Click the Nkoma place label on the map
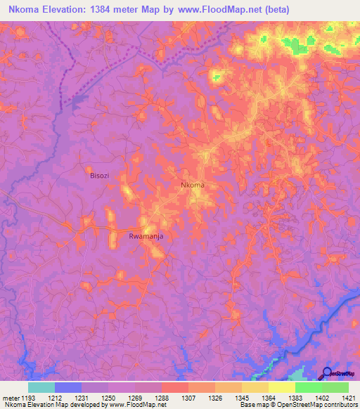click(x=193, y=185)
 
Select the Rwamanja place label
click(x=146, y=237)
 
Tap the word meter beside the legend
click(x=10, y=398)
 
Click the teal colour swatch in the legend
click(x=41, y=387)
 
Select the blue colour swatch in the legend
click(x=68, y=387)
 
